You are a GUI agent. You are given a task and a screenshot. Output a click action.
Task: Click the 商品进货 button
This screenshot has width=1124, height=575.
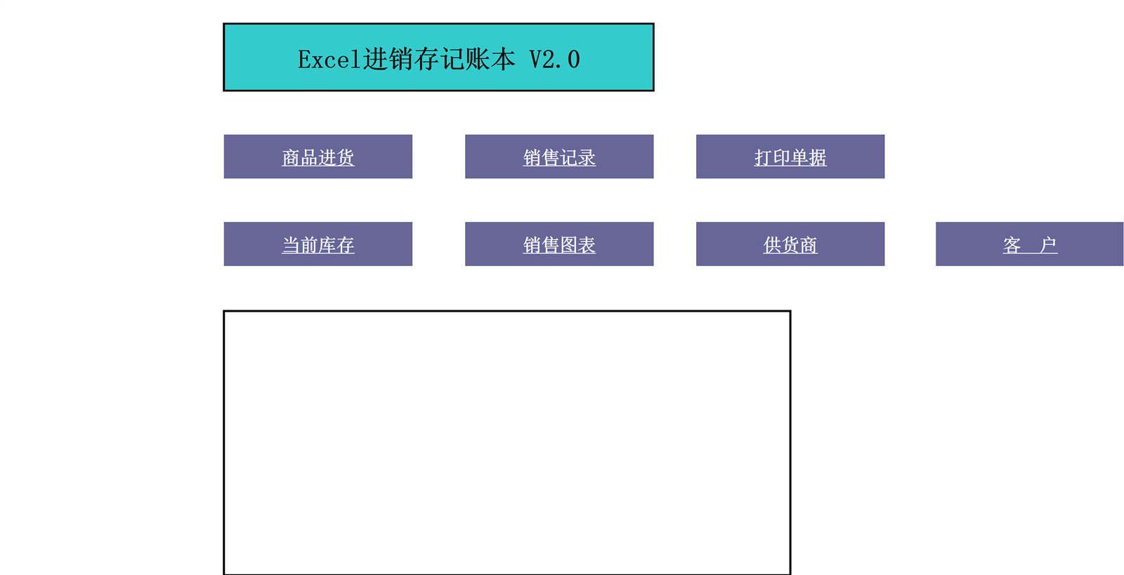(x=318, y=157)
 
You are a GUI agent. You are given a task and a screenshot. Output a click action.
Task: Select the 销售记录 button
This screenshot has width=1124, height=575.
(x=559, y=157)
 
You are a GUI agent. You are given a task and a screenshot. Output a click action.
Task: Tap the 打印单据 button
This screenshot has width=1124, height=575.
(x=790, y=157)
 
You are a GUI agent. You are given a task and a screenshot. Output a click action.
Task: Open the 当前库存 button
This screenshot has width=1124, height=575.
(x=318, y=244)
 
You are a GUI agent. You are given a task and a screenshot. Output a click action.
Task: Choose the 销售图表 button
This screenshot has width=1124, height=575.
(x=559, y=244)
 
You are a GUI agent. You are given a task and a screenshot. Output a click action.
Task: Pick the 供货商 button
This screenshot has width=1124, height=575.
(x=790, y=244)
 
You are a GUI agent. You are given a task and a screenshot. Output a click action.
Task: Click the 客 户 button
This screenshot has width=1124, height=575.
(x=1030, y=244)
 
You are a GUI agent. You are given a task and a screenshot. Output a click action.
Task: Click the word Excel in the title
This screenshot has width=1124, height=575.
(x=329, y=60)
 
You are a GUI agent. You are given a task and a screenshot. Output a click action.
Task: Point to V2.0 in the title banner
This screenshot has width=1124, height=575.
(x=555, y=60)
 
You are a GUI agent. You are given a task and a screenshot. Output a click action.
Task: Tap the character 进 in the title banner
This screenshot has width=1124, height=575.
(x=375, y=59)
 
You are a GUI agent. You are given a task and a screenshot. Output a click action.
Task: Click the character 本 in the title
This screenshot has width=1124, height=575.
(x=503, y=59)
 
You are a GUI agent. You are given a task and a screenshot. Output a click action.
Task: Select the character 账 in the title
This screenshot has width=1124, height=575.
(x=477, y=59)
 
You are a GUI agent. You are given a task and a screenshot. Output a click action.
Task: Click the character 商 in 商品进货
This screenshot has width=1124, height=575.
(x=291, y=157)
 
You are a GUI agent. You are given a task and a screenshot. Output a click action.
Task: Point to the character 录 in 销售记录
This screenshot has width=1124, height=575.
(x=587, y=157)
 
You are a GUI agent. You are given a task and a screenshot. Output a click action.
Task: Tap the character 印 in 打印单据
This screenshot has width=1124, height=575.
(x=781, y=157)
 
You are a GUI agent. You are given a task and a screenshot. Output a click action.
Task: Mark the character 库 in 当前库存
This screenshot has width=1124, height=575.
(x=327, y=245)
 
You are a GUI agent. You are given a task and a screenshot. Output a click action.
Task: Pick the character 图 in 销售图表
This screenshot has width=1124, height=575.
(x=568, y=245)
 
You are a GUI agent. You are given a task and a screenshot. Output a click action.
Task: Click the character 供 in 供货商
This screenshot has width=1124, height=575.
(x=772, y=245)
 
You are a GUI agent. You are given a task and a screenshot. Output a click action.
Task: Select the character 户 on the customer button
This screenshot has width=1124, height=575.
(x=1047, y=245)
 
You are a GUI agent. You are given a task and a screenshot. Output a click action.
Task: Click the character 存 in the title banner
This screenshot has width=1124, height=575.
(x=426, y=59)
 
